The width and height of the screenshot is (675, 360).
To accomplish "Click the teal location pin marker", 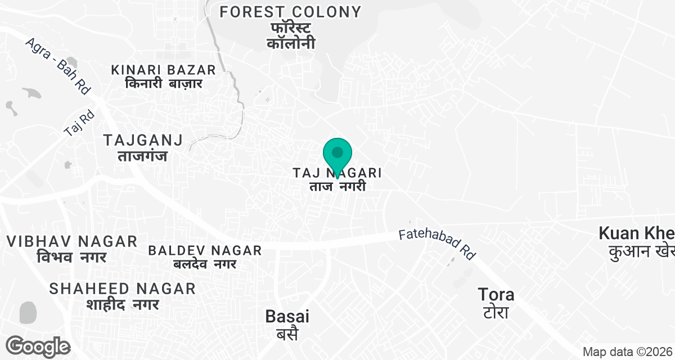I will [337, 154].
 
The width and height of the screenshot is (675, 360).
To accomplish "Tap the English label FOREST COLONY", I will [290, 11].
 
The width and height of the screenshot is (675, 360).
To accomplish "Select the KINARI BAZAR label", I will [164, 70].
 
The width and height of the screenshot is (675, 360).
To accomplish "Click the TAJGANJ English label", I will [143, 140].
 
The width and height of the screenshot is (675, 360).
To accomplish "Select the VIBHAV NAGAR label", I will [72, 241].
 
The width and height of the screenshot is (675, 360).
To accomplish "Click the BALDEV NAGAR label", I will [205, 250].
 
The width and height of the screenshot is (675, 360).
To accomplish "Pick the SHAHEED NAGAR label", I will [123, 289].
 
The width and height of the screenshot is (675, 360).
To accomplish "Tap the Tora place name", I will [496, 294].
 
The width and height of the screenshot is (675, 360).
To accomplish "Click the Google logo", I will [38, 346].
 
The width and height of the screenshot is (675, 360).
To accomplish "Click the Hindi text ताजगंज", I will [143, 156].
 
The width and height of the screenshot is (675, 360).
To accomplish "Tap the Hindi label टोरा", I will [496, 312].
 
